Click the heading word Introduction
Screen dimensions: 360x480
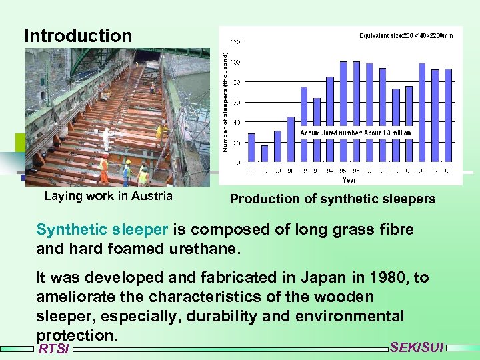pyautogui.click(x=78, y=35)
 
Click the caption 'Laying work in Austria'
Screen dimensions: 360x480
pyautogui.click(x=108, y=196)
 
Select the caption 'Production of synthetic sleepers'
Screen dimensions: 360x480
pyautogui.click(x=332, y=199)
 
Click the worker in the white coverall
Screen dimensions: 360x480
pyautogui.click(x=105, y=139)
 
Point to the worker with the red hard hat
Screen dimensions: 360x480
pyautogui.click(x=104, y=169)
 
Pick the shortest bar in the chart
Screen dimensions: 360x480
pyautogui.click(x=265, y=153)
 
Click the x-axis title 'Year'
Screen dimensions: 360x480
pyautogui.click(x=349, y=179)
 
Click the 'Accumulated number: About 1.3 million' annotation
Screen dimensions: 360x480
pyautogui.click(x=355, y=133)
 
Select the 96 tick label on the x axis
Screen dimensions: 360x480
pyautogui.click(x=356, y=171)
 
